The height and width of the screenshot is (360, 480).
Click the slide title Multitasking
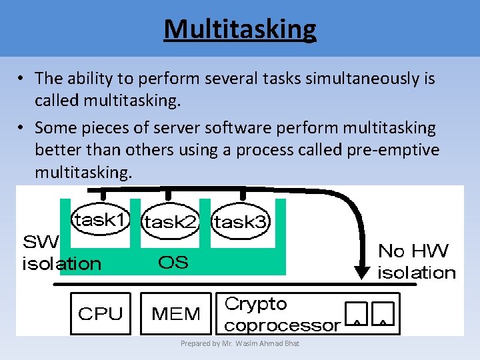(240, 29)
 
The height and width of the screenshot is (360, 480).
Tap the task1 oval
(100, 220)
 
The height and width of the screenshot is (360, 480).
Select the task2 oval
(171, 223)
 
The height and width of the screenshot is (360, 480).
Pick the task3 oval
(241, 223)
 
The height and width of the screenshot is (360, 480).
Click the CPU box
(101, 313)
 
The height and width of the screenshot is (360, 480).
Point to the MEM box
(176, 313)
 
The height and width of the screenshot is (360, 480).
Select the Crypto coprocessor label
(282, 315)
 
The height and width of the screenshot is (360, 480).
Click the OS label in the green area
(173, 262)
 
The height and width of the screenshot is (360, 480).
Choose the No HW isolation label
(416, 261)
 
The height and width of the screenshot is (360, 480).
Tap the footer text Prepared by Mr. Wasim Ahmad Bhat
(240, 343)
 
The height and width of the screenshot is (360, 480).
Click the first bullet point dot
(22, 79)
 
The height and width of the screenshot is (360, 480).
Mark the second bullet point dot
(22, 127)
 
